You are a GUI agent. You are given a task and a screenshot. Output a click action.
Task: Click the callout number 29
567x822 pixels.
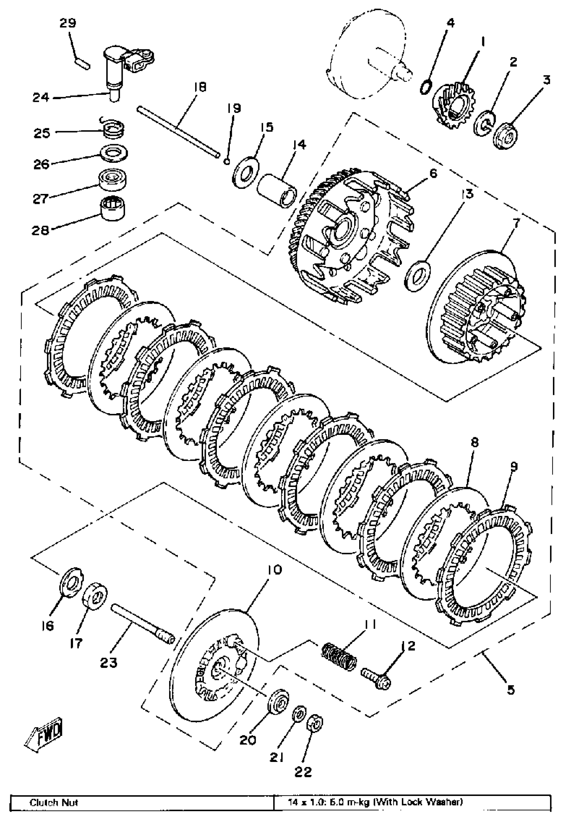(x=67, y=23)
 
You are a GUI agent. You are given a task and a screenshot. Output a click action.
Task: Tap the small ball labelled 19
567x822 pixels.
(x=226, y=162)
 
